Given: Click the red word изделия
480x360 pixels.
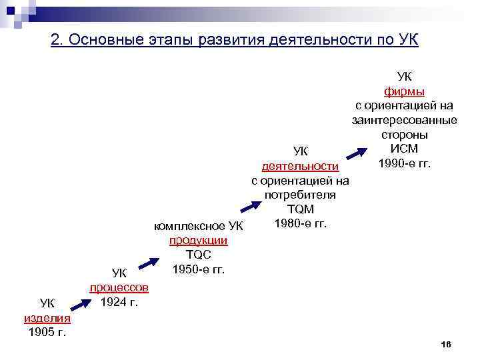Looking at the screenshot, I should click(47, 318).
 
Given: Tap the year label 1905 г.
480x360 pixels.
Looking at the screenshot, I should click(47, 331).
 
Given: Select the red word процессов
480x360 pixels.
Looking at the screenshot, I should click(119, 287).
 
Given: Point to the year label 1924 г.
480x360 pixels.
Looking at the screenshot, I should click(119, 301).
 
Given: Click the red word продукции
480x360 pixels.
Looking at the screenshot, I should click(199, 241).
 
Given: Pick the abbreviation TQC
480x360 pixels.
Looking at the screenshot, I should click(199, 255).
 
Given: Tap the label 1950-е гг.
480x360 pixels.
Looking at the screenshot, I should click(199, 269).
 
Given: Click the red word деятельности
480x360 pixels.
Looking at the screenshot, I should click(300, 166).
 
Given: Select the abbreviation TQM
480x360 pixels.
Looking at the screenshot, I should click(300, 209).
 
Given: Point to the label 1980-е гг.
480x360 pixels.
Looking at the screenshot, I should click(300, 223).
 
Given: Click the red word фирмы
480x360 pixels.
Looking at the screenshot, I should click(405, 91).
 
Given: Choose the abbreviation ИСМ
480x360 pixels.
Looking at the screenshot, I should click(405, 149).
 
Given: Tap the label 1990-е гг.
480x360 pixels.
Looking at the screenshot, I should click(405, 163).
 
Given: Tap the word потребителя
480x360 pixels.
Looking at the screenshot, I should click(300, 195).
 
